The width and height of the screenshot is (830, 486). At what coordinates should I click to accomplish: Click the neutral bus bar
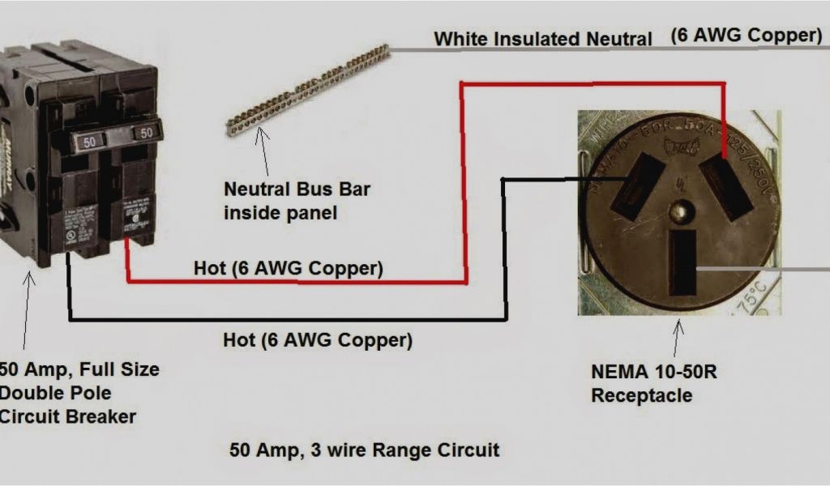point(308,89)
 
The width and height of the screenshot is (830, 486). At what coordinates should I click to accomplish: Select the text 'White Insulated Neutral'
point(542,38)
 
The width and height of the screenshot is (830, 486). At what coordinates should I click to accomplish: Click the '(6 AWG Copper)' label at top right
point(746,35)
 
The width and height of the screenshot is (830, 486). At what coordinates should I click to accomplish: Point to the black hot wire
point(284,319)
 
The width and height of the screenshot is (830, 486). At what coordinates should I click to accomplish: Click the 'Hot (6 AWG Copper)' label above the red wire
point(288,267)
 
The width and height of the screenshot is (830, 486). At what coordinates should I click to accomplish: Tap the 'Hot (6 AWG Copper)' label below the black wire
point(317,340)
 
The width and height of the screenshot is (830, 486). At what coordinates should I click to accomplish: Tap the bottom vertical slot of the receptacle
point(684,262)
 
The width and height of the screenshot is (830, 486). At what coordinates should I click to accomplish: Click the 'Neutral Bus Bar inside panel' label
point(296,201)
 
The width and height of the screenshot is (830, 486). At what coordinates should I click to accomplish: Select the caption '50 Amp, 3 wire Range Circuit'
point(364,449)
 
